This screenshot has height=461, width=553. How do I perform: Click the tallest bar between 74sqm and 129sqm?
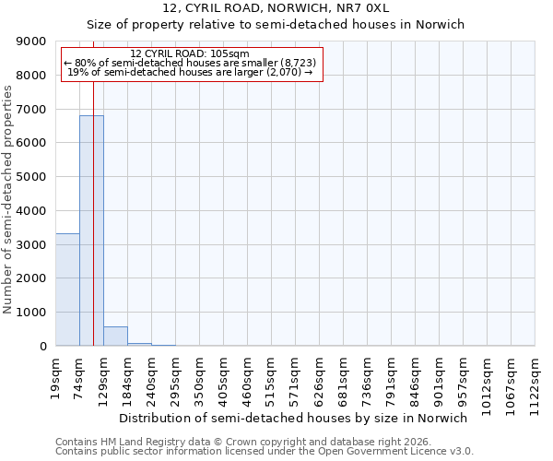91,230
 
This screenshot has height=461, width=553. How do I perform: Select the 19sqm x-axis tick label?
56,372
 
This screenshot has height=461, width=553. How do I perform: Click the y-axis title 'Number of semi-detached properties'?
8,199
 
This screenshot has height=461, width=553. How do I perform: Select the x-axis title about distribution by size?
293,418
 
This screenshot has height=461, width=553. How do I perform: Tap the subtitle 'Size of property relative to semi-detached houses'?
276,25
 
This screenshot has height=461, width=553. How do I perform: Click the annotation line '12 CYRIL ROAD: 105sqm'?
190,54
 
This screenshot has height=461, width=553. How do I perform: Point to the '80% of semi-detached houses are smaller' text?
190,63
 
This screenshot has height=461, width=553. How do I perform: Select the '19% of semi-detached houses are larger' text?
190,72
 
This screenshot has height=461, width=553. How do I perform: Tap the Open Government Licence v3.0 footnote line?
264,451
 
